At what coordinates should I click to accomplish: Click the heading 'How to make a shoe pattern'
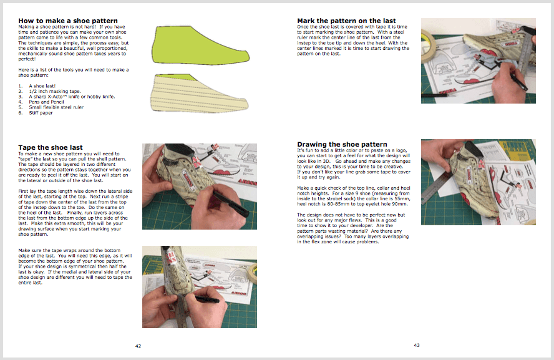[x=68, y=21]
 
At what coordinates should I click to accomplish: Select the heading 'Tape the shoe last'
[x=51, y=147]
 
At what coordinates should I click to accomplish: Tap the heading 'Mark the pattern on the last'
[x=346, y=21]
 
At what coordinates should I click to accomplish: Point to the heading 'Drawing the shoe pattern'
[x=342, y=145]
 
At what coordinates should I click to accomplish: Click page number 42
[x=138, y=345]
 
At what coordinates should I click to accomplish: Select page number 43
[x=417, y=345]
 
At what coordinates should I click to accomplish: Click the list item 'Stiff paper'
[x=41, y=112]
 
